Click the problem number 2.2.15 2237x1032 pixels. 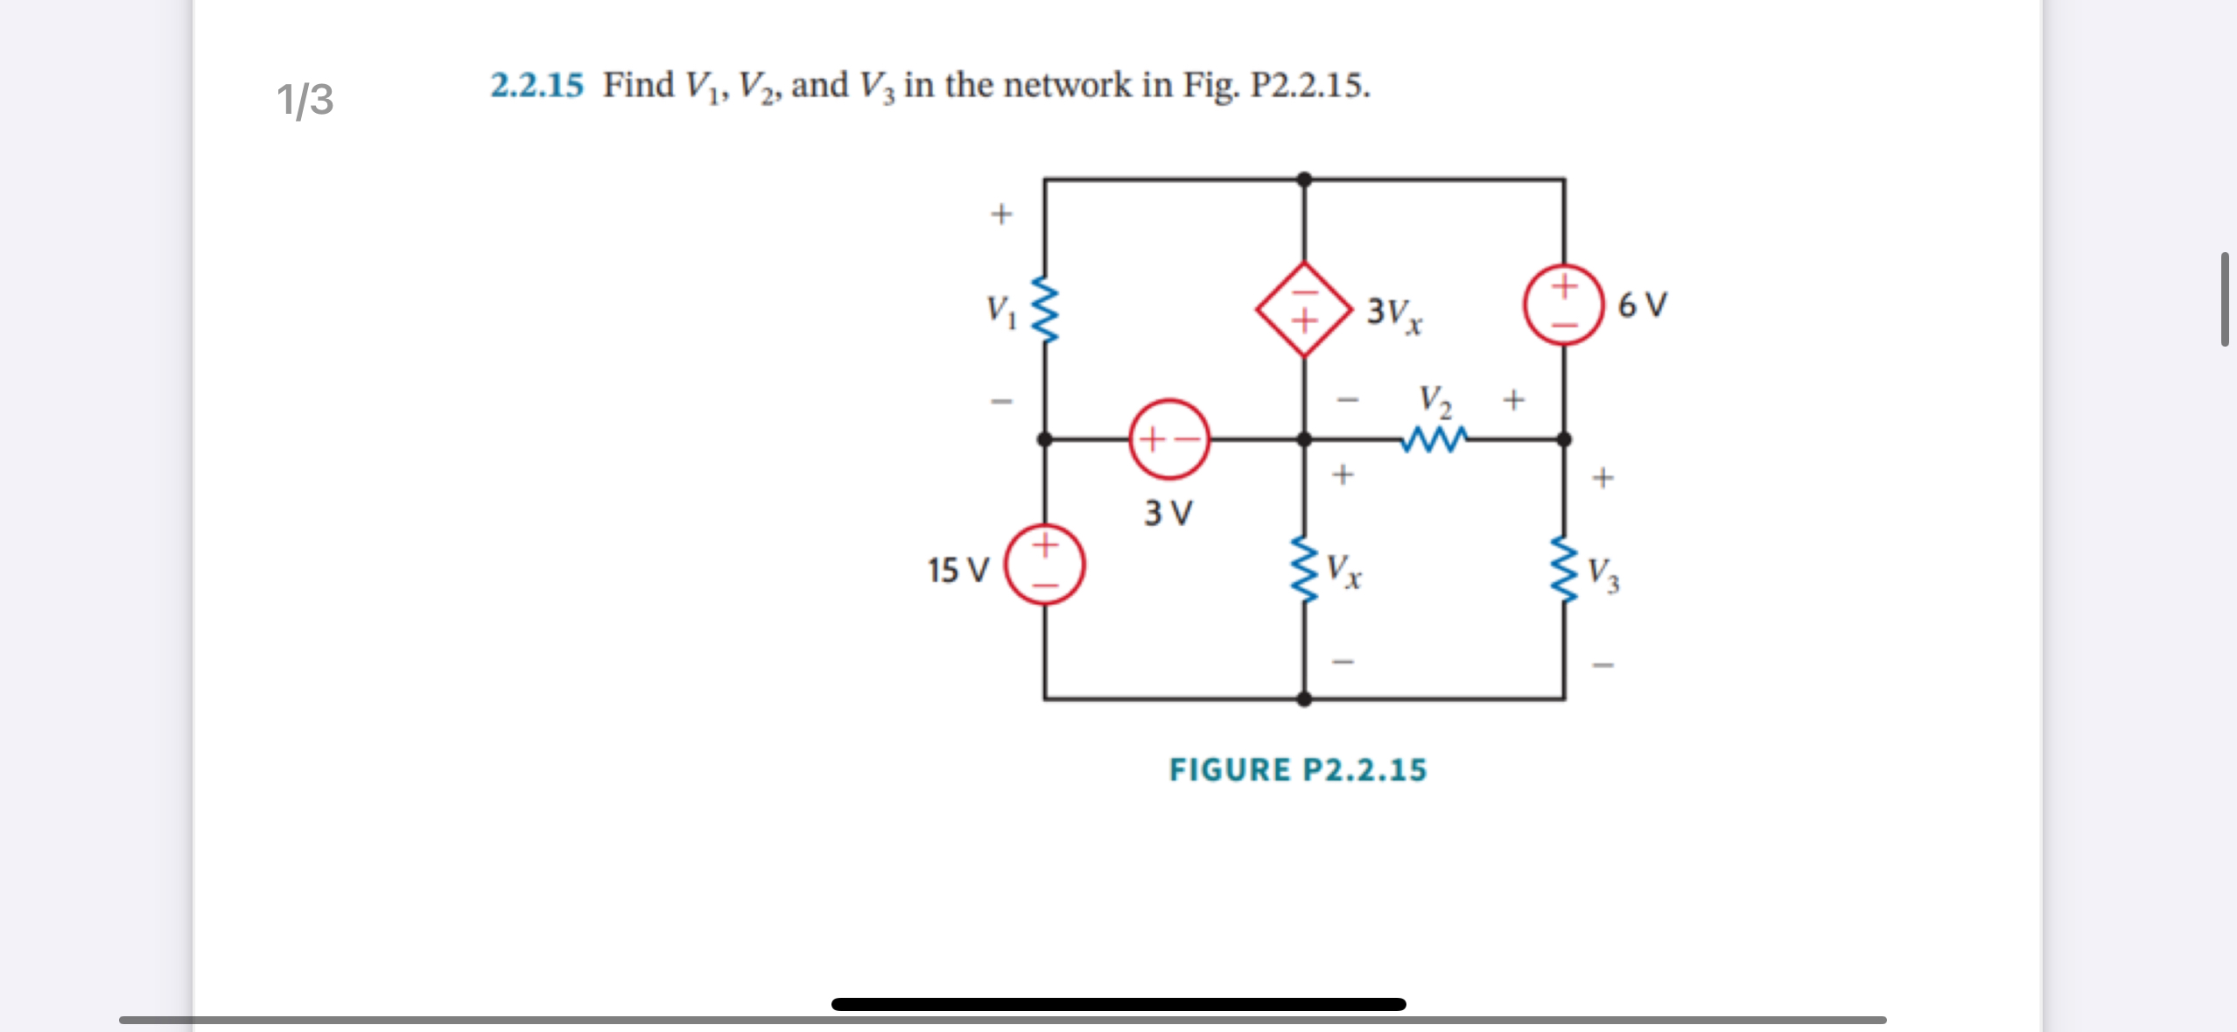pos(536,86)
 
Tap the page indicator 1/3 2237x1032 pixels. pos(305,99)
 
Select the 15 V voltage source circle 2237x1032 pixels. pos(1044,564)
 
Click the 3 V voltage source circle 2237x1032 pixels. pos(1169,439)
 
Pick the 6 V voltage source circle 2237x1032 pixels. pos(1564,305)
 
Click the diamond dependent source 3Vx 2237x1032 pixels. pos(1304,309)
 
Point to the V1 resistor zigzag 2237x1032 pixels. pos(1045,309)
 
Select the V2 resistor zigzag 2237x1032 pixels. pos(1433,439)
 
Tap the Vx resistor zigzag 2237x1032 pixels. pos(1304,570)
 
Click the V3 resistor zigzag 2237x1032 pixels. pos(1564,570)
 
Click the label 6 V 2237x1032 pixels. pos(1642,305)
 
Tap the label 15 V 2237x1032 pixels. pos(957,571)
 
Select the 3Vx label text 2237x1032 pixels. pos(1393,313)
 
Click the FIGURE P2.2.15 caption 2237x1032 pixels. pos(1297,769)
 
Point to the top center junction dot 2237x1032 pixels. pos(1304,179)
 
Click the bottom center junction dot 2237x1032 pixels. pos(1304,699)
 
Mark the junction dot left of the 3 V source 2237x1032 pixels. pos(1045,439)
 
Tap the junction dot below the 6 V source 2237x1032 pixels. pos(1564,439)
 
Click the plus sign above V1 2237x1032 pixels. pos(1001,214)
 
